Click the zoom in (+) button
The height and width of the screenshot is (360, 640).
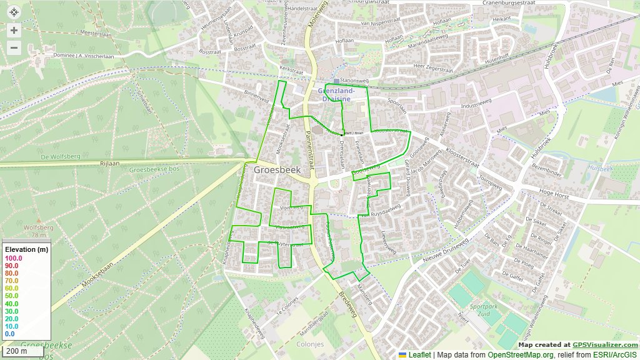point(14,30)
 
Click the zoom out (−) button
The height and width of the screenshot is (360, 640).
point(14,47)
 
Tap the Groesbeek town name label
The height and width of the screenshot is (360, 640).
point(277,169)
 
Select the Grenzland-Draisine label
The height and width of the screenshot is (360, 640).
point(341,94)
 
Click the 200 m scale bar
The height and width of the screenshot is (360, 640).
point(16,351)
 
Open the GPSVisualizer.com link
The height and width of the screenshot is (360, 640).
point(605,344)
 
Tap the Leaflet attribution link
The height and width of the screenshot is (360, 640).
point(419,355)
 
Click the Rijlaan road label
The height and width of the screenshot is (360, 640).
point(109,163)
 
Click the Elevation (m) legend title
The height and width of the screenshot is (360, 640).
point(26,250)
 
